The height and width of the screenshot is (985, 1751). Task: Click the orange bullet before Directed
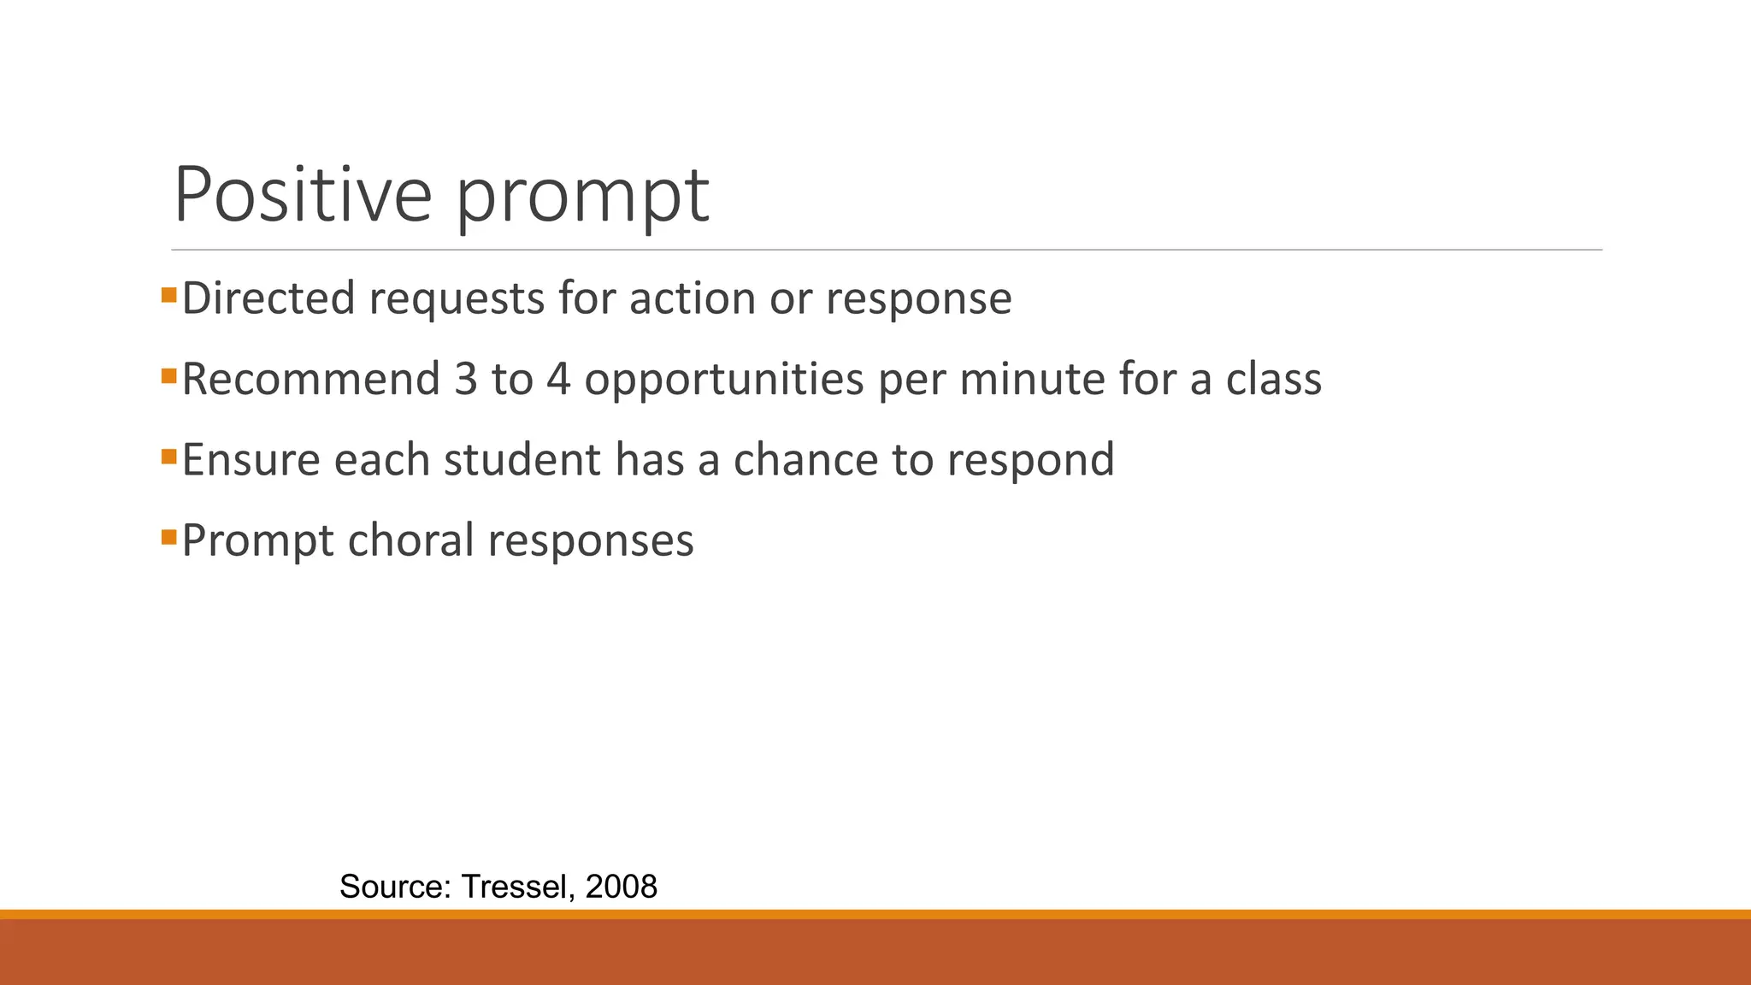168,296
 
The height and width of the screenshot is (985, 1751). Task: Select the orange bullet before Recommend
168,376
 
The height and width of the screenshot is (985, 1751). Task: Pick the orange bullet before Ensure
168,457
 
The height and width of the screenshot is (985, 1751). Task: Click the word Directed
268,298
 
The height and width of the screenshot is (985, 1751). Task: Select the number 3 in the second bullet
466,379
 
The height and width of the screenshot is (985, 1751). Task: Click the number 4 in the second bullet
557,379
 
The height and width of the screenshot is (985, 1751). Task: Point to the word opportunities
723,380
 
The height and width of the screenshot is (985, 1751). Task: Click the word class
1273,379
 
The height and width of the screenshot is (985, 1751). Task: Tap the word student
522,459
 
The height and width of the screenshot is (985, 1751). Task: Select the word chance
805,459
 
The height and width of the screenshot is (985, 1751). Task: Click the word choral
410,540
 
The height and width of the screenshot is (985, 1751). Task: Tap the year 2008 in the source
621,887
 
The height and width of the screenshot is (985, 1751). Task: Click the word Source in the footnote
394,887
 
